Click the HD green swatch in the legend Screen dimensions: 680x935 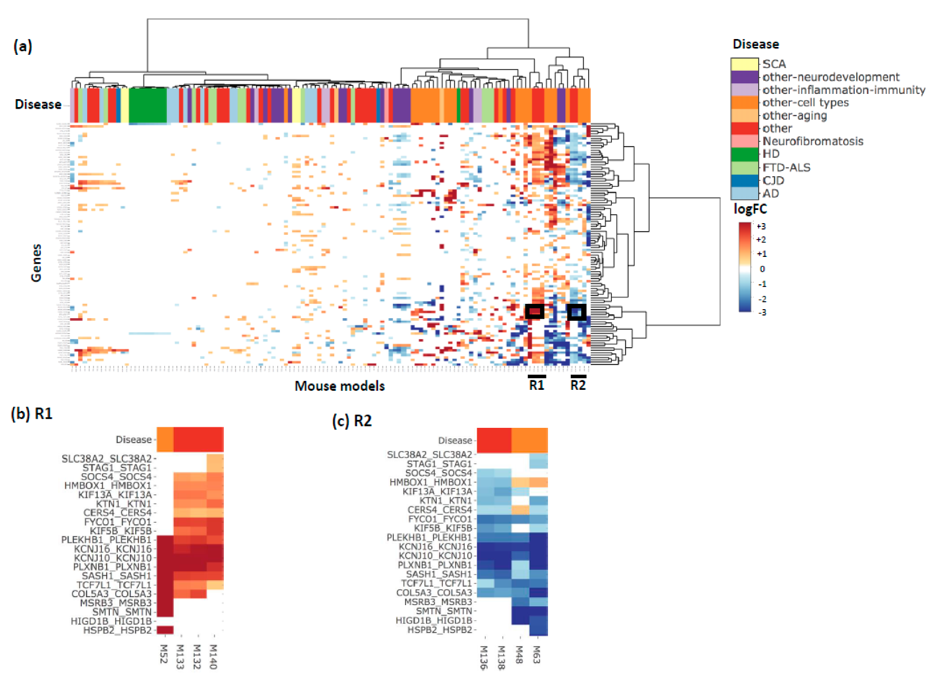click(x=744, y=154)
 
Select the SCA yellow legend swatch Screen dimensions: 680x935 click(x=744, y=64)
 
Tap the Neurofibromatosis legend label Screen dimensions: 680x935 click(x=813, y=141)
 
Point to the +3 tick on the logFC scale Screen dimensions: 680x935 click(x=761, y=226)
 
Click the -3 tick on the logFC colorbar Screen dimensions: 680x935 click(x=761, y=312)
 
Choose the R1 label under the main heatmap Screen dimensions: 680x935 click(x=536, y=385)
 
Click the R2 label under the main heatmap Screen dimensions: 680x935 click(x=578, y=385)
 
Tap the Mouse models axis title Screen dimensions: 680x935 click(x=339, y=386)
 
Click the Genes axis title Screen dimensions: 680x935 click(x=36, y=263)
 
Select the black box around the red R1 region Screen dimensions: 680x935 click(x=535, y=312)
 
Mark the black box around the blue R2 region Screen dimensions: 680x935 click(x=577, y=312)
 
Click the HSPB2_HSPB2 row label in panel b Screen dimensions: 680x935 click(x=117, y=630)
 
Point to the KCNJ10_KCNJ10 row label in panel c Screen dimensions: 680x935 click(x=436, y=556)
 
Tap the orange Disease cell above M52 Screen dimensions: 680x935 click(x=165, y=439)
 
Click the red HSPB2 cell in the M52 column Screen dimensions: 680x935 click(x=165, y=630)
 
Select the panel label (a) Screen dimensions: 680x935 click(x=23, y=46)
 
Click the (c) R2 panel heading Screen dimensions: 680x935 click(x=352, y=420)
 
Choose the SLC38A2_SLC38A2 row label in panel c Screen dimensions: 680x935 click(x=429, y=454)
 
